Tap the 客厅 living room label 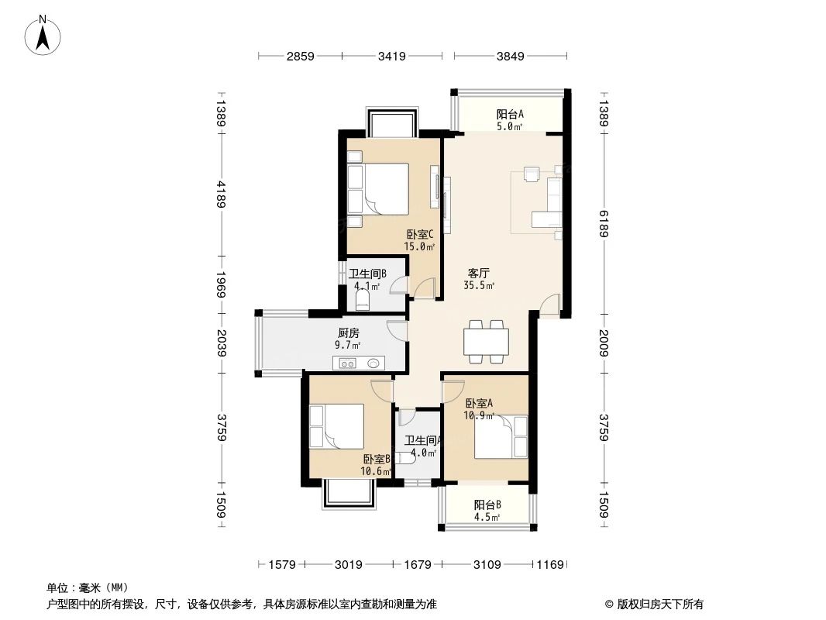[x=478, y=273]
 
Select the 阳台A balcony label [x=510, y=114]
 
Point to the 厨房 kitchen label [x=349, y=333]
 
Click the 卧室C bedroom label [x=419, y=234]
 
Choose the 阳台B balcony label [x=487, y=505]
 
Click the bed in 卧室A [x=496, y=438]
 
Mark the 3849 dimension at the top [x=511, y=56]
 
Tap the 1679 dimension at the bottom [x=418, y=565]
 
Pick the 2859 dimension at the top [x=300, y=56]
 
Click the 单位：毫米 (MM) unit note [x=88, y=587]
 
